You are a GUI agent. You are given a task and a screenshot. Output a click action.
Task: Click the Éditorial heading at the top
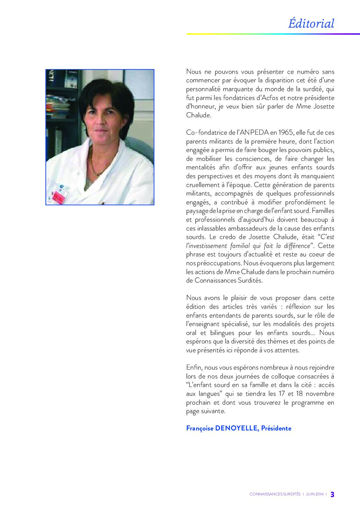[311, 23]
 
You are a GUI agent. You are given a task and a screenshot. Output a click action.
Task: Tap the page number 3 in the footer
[332, 494]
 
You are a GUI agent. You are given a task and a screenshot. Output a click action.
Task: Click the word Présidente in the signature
[276, 428]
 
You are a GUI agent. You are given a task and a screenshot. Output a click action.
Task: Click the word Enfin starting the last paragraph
[194, 368]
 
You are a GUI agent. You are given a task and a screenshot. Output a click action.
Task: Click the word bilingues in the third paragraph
[213, 333]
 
